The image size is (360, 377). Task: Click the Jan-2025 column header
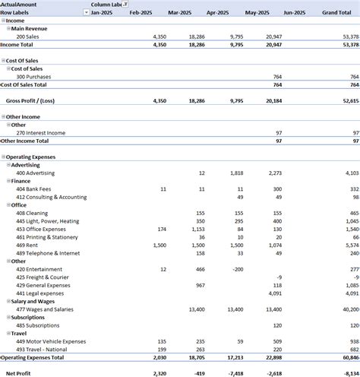(102, 13)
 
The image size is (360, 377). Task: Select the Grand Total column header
(336, 13)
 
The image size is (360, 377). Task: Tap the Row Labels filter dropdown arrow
(83, 13)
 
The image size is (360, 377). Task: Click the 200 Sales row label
(29, 36)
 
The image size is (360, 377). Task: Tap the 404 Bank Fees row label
(33, 188)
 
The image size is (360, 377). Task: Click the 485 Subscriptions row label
(38, 325)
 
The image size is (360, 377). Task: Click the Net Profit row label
(18, 373)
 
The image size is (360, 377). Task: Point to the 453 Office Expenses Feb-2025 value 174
(160, 229)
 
